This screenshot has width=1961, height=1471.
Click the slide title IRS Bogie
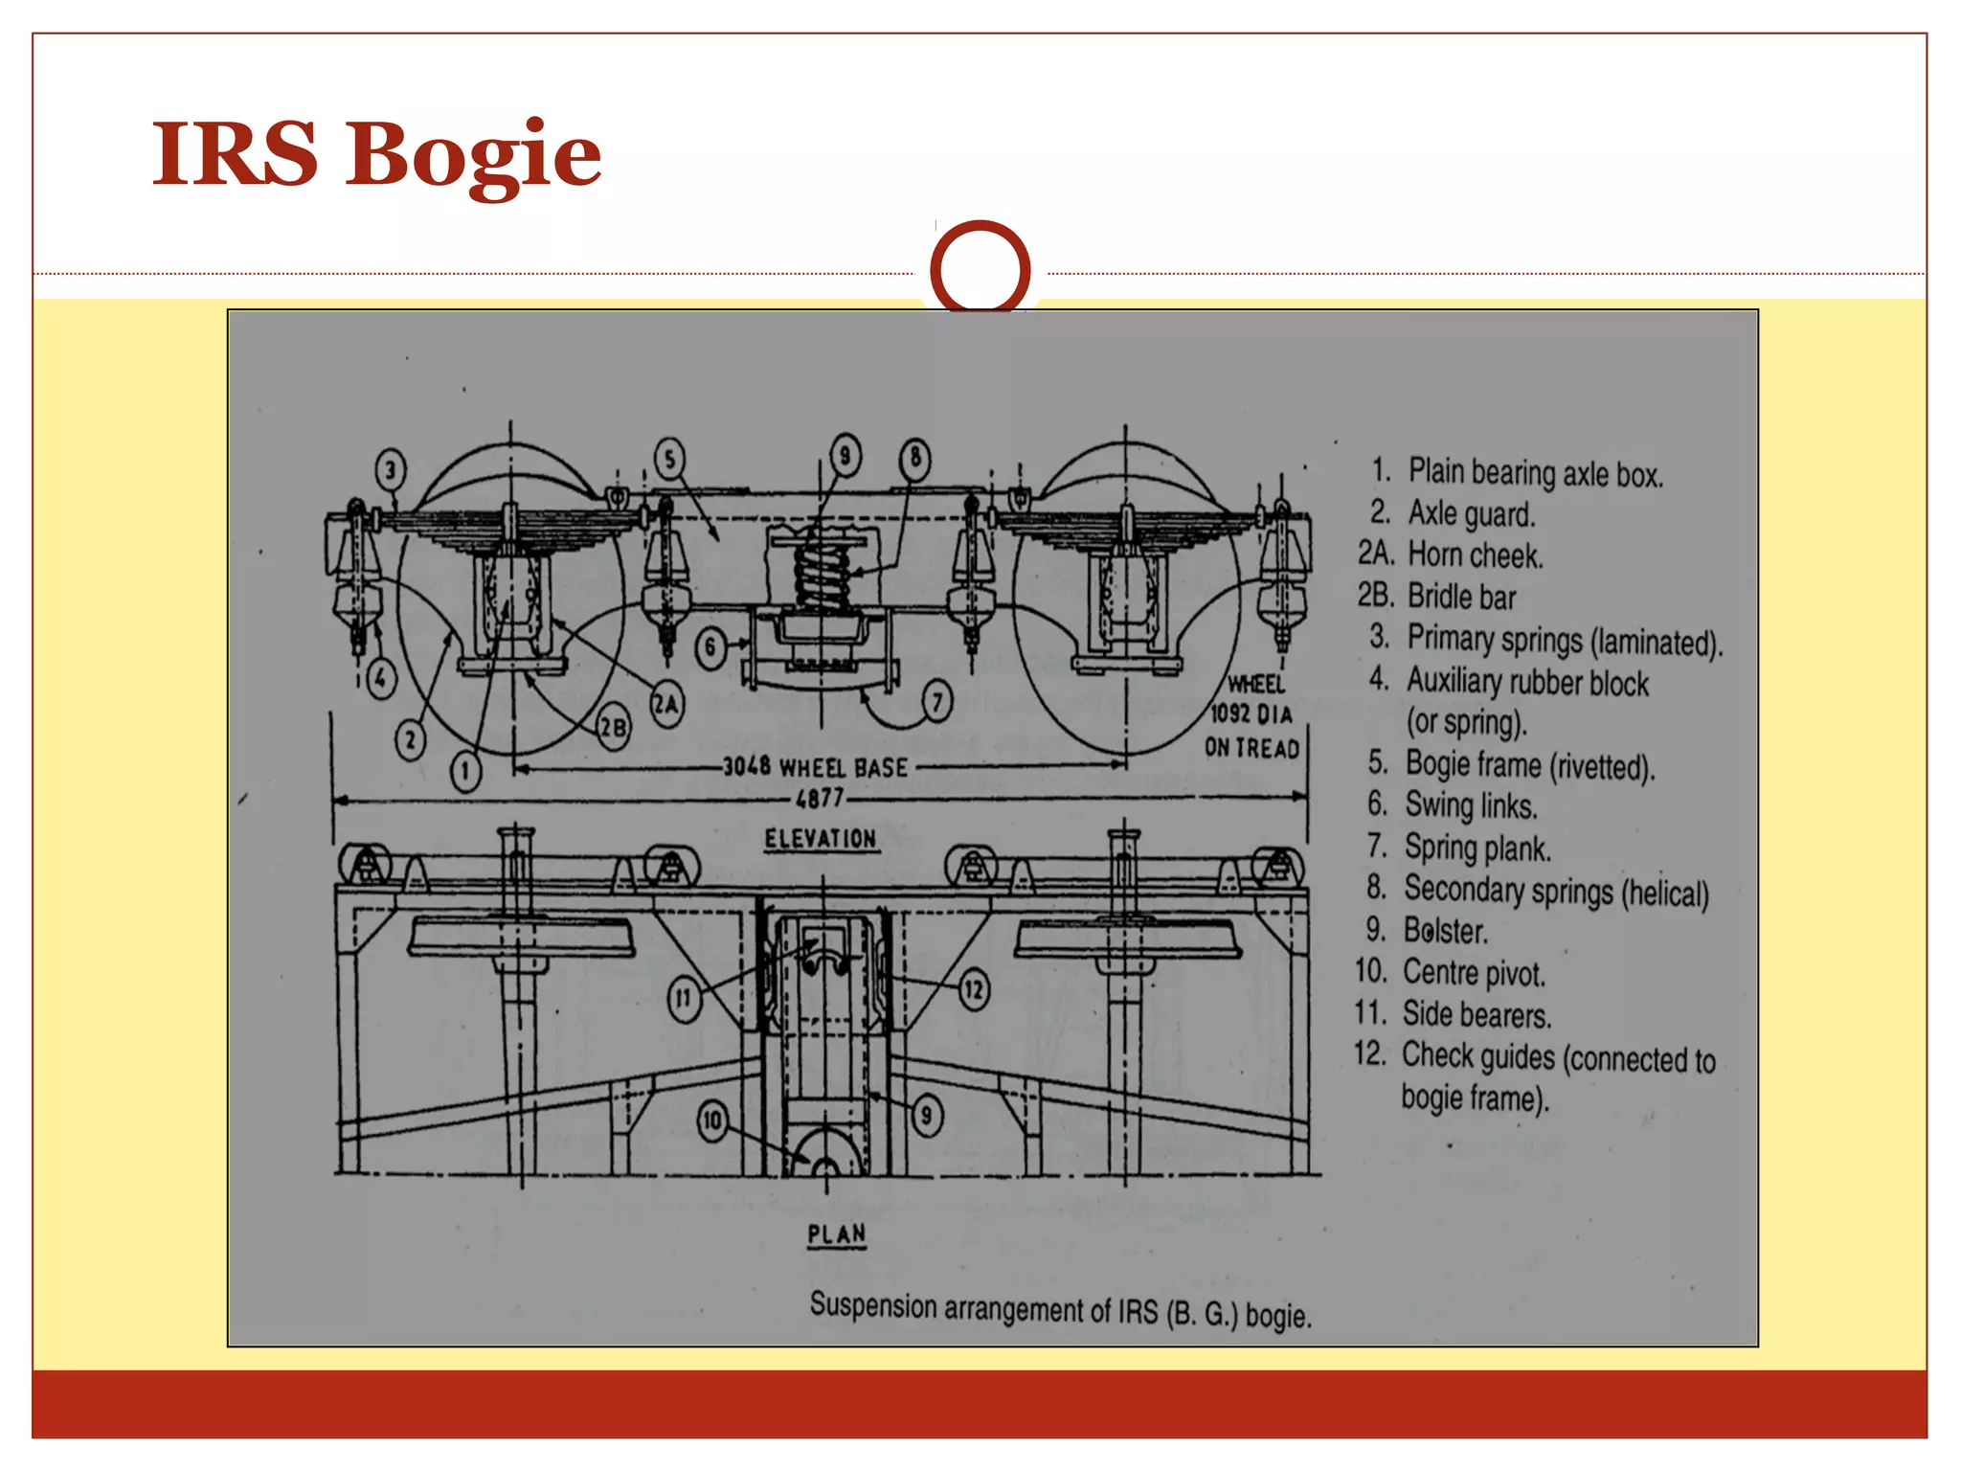pos(376,153)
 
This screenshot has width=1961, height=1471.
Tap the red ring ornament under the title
pos(980,269)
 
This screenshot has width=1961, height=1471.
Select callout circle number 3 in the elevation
pos(390,471)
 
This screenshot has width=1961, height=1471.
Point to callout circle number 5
pos(670,459)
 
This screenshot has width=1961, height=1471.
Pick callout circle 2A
pos(667,706)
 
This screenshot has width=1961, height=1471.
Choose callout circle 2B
pos(613,729)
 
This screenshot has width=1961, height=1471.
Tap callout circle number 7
pos(937,703)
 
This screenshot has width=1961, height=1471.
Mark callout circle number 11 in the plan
pos(684,999)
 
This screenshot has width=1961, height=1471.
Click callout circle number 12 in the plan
pos(974,989)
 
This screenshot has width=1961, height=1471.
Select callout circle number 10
pos(712,1120)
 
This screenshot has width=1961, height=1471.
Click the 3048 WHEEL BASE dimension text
pos(815,767)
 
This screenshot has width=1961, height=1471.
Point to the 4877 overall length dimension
pos(820,798)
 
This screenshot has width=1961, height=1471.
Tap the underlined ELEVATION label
pos(820,839)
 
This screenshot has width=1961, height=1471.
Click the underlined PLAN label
pos(836,1233)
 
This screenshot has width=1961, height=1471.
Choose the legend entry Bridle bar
pos(1461,597)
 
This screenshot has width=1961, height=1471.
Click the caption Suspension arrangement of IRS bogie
pos(1060,1310)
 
